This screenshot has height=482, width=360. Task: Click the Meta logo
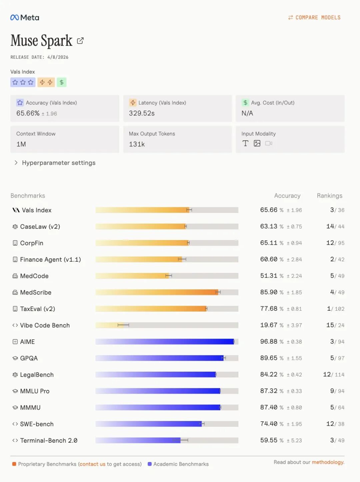click(25, 18)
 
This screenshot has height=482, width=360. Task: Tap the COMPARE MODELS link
click(314, 18)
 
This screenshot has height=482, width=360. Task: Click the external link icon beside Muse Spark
click(80, 41)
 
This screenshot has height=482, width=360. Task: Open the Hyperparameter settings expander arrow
click(16, 163)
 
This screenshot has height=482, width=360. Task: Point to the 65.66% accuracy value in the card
click(28, 113)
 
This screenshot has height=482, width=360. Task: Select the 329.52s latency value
click(142, 113)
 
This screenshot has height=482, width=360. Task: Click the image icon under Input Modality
click(257, 143)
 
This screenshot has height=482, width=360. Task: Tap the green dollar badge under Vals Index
click(62, 82)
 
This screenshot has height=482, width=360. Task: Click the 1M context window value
click(21, 144)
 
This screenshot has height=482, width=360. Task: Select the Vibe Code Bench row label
click(45, 325)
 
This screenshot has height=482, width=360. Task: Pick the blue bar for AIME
click(165, 342)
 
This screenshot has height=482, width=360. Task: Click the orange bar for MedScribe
click(157, 292)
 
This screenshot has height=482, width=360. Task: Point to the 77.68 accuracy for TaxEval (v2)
click(269, 309)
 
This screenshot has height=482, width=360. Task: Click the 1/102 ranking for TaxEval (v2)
click(336, 309)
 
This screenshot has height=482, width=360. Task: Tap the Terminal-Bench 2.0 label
click(49, 440)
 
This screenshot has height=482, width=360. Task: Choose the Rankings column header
click(329, 196)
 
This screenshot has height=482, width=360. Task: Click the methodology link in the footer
click(328, 462)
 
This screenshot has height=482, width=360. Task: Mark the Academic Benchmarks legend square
click(150, 464)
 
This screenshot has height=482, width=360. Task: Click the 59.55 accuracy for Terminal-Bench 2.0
click(269, 440)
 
